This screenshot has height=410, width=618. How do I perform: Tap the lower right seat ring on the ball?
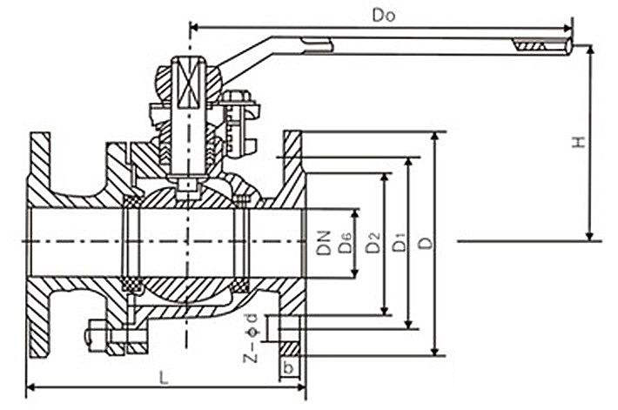point(240,282)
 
